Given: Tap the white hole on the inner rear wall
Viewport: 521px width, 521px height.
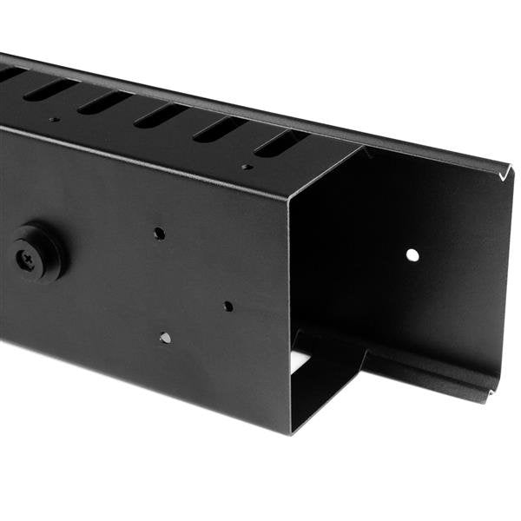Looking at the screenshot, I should coord(412,254).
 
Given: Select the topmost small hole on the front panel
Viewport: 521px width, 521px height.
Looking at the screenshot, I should coord(159,233).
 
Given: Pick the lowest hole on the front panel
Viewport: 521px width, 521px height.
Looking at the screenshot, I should coord(165,338).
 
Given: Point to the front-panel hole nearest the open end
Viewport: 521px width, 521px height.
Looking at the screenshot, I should coord(228,306).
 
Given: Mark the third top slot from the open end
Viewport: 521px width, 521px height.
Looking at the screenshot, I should coord(162,115).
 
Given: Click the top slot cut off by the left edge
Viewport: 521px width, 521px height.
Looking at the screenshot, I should coord(9,76).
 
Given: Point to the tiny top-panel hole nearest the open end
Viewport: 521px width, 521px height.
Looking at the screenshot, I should coord(247,166).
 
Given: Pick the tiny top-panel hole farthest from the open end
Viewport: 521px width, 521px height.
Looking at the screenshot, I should coord(54,119).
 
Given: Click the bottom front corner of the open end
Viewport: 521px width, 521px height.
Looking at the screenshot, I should coord(290,432).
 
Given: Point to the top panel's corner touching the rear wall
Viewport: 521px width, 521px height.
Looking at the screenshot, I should coord(362,147).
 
